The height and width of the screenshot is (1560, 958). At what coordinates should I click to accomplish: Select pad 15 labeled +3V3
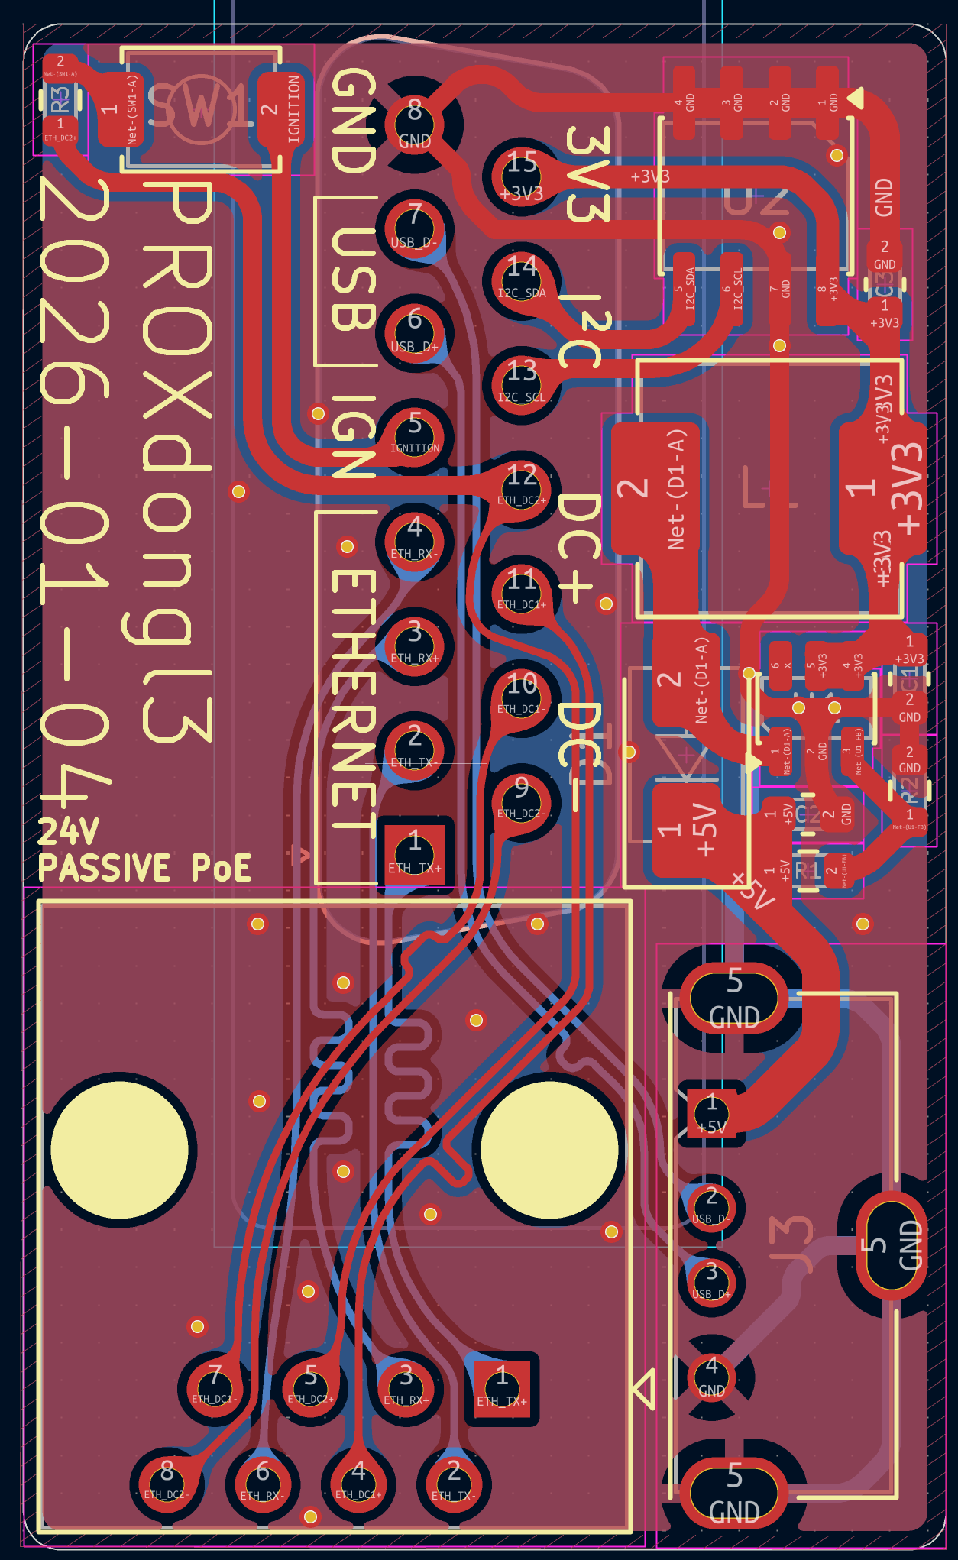coord(522,176)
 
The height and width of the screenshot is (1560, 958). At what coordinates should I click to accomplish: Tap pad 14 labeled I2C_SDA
coord(522,280)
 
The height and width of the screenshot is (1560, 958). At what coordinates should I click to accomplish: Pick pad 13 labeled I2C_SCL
coord(522,384)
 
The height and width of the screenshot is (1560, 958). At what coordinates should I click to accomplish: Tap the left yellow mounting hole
coord(120,1148)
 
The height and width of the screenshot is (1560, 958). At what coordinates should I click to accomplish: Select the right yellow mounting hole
coord(549,1148)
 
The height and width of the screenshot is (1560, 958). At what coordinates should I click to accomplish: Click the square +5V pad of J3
coord(712,1113)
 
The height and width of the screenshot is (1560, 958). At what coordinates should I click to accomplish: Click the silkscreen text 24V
coord(69,831)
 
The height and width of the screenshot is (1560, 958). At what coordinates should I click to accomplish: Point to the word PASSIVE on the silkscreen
coord(104,868)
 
